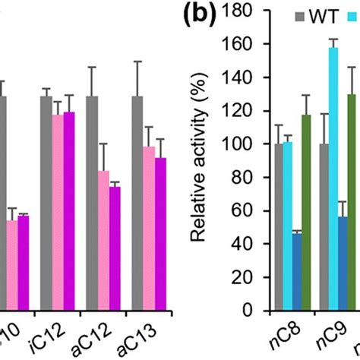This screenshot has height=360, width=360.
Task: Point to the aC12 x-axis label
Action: pyautogui.click(x=96, y=339)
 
